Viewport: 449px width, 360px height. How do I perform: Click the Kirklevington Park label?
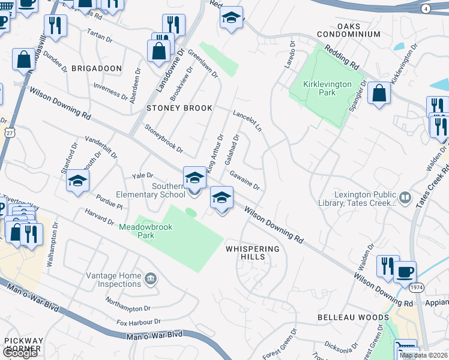327,88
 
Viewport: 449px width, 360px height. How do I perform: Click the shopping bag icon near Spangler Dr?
378,94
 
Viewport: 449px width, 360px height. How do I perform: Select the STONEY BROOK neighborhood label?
179,108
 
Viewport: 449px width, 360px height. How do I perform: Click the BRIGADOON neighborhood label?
97,69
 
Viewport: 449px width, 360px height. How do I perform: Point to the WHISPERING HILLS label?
253,253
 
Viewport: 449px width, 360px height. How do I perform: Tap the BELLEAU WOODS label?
353,317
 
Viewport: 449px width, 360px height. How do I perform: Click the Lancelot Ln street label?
247,121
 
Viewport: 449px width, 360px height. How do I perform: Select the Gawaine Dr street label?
244,179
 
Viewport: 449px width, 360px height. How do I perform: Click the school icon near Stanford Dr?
78,181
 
